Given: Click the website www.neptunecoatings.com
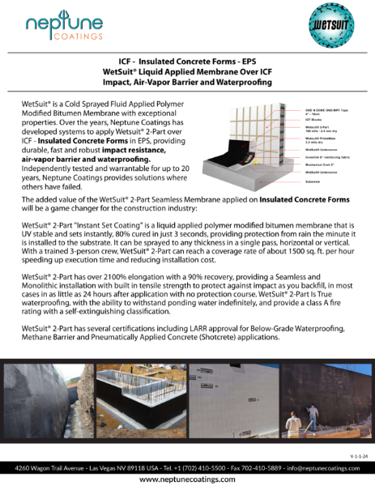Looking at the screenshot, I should tap(187, 479).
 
